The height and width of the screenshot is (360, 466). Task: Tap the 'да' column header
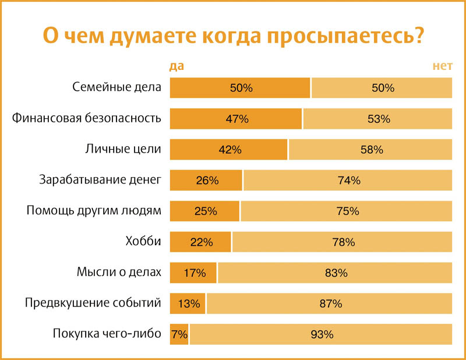[x=176, y=66]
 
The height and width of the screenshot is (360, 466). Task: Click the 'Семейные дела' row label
[x=116, y=88]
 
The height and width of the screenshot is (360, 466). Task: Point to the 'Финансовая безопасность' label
[x=86, y=119]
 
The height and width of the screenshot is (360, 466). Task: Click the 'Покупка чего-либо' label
[x=107, y=334]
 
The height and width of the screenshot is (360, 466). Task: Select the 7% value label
[x=179, y=334]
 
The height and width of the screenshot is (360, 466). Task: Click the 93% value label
[x=322, y=334]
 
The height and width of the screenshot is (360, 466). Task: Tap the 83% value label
[x=336, y=273]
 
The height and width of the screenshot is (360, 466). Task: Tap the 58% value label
[x=371, y=150]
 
